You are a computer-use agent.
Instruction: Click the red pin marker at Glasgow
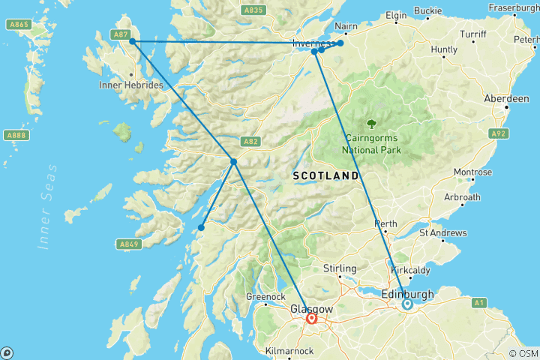[x=311, y=318]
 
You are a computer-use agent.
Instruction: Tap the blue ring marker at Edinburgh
[x=406, y=304]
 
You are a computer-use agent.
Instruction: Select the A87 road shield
[x=119, y=34]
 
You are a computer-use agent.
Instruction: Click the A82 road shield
[x=250, y=141]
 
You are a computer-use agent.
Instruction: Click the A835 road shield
[x=253, y=10]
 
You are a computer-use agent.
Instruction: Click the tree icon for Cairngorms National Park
[x=371, y=124]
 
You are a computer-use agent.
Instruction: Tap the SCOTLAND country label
[x=325, y=175]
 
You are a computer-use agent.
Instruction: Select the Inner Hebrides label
[x=130, y=85]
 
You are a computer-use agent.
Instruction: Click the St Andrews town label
[x=443, y=232]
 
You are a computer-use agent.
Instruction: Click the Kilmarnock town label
[x=290, y=350]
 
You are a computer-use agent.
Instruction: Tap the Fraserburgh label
[x=512, y=7]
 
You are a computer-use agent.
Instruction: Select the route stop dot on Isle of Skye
[x=133, y=42]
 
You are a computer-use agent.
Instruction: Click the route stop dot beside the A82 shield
[x=234, y=161]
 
